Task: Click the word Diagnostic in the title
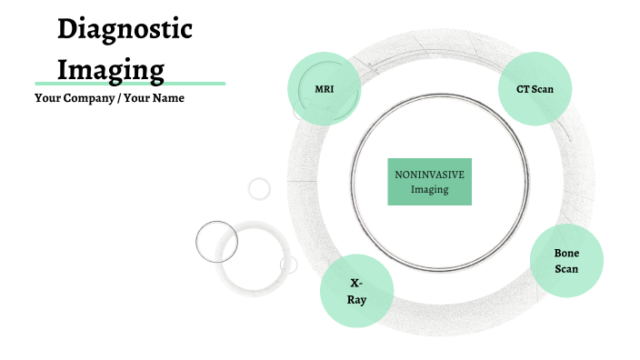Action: [125, 30]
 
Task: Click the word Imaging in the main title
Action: [111, 68]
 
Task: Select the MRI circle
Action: [325, 88]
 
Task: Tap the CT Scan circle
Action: [535, 88]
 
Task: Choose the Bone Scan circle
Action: [566, 260]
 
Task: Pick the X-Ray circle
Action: [356, 292]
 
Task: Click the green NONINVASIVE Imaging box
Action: [430, 181]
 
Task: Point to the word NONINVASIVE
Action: [430, 175]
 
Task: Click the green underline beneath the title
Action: [129, 83]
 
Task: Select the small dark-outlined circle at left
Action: [216, 242]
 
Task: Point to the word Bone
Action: [566, 253]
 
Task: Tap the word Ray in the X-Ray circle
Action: [356, 299]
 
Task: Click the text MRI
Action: [325, 88]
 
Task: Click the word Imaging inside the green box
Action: [430, 189]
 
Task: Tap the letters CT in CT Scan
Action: [522, 88]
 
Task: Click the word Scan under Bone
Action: [566, 268]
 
